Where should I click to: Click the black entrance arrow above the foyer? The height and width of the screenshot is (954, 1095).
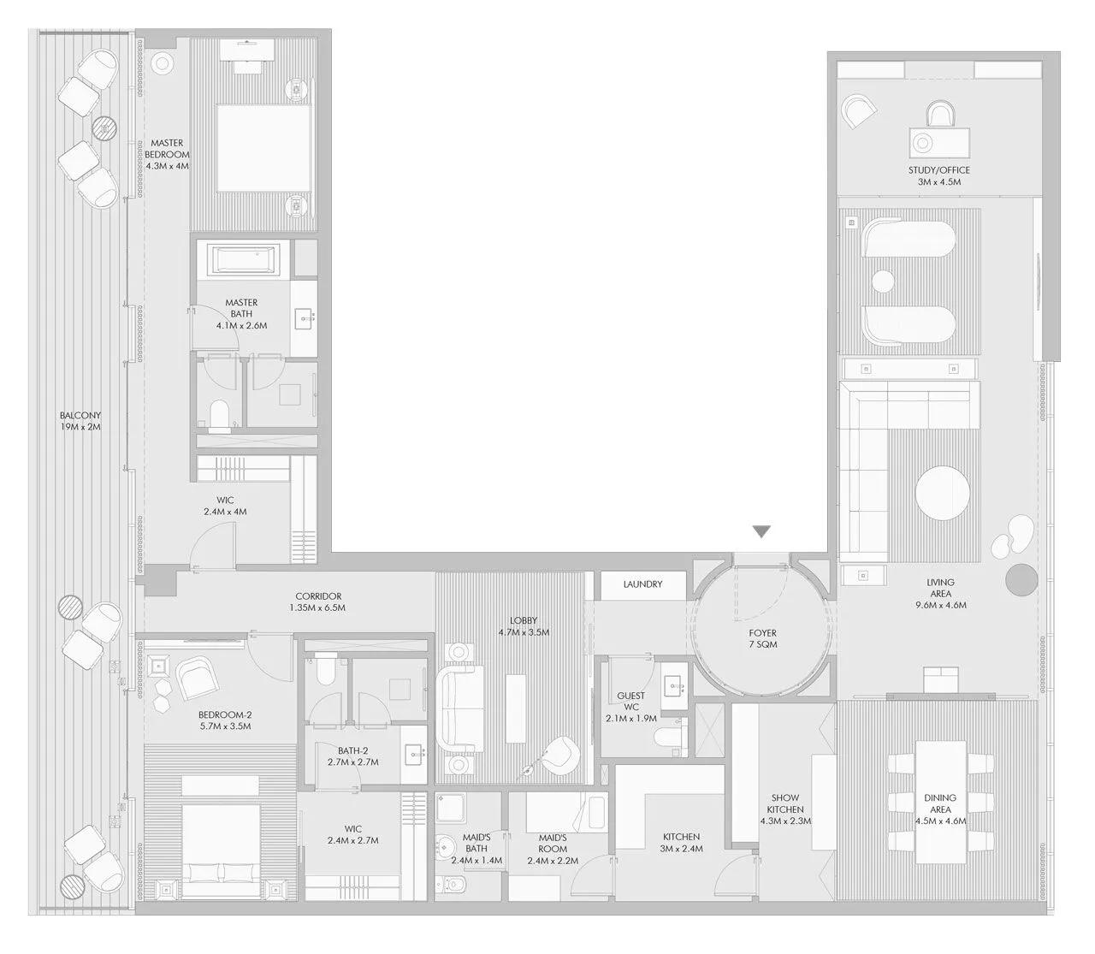point(761,532)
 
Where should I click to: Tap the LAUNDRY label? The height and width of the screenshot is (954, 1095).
point(642,584)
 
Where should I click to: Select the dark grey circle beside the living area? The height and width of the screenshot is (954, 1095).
point(1021,579)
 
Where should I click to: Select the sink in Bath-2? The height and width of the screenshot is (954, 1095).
point(416,753)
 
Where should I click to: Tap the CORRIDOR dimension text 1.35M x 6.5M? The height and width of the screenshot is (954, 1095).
point(318,608)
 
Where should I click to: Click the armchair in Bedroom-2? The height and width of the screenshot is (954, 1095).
point(198,679)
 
